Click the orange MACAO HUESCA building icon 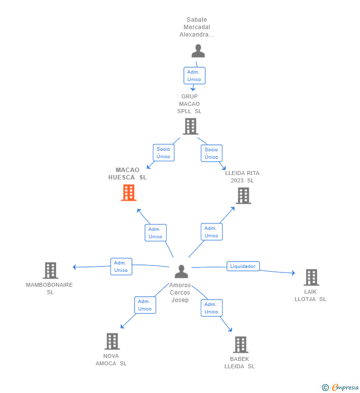click(129, 192)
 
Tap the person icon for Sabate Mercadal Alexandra click(198, 50)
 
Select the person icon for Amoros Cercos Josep click(181, 271)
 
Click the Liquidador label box click(243, 266)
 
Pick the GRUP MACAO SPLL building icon click(190, 127)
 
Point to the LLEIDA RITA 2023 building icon click(243, 196)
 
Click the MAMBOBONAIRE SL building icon click(50, 270)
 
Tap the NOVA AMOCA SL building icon click(112, 342)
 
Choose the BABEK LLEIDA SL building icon click(241, 345)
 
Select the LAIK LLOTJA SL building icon click(312, 277)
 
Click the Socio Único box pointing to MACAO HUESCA click(164, 153)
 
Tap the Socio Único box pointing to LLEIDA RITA click(212, 153)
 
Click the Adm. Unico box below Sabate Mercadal click(194, 76)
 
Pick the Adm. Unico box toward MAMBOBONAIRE click(121, 266)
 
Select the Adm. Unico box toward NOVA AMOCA click(145, 305)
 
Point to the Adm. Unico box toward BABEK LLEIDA click(212, 308)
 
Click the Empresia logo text click(345, 388)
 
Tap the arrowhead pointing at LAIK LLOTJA click(294, 273)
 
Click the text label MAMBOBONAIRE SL click(49, 289)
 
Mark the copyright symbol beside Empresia click(325, 388)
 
